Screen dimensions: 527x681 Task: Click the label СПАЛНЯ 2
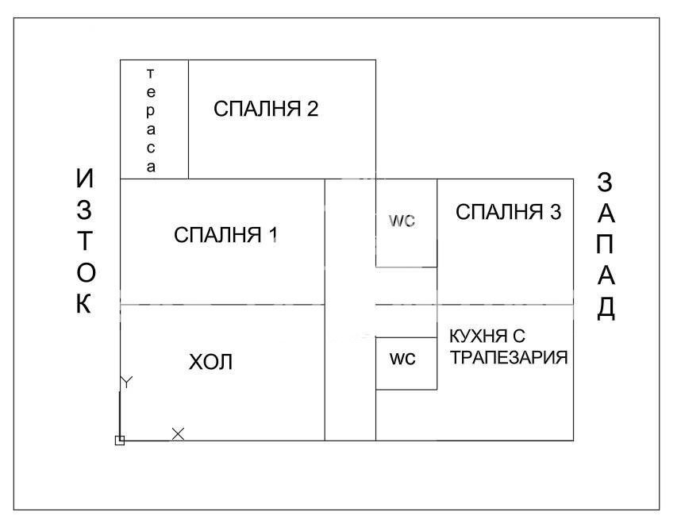pyautogui.click(x=266, y=110)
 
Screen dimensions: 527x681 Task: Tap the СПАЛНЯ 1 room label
pyautogui.click(x=226, y=235)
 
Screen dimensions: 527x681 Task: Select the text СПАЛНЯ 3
pyautogui.click(x=509, y=213)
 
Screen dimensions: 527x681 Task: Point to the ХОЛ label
pyautogui.click(x=211, y=363)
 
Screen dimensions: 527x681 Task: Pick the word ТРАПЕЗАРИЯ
pyautogui.click(x=509, y=358)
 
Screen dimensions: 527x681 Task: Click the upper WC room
pyautogui.click(x=402, y=222)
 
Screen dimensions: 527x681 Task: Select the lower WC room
pyautogui.click(x=402, y=359)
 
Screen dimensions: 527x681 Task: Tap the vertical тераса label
pyautogui.click(x=151, y=119)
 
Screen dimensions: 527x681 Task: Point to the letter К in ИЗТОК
pyautogui.click(x=85, y=305)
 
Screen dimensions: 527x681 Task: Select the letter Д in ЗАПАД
pyautogui.click(x=606, y=307)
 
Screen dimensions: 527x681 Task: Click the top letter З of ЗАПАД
pyautogui.click(x=605, y=183)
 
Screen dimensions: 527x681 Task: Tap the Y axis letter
pyautogui.click(x=126, y=383)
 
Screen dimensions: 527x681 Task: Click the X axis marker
pyautogui.click(x=179, y=433)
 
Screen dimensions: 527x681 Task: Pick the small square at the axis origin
pyautogui.click(x=120, y=440)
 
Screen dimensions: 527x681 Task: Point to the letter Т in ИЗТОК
pyautogui.click(x=85, y=242)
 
